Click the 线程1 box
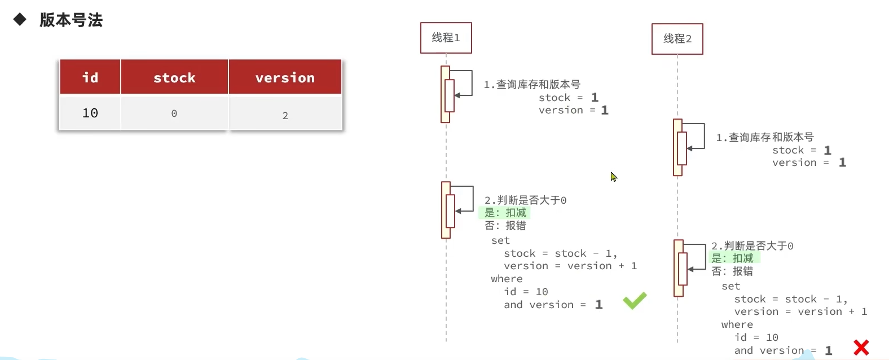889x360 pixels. [x=446, y=38]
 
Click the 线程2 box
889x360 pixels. [x=677, y=39]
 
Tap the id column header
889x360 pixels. [x=90, y=77]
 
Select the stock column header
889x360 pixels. [x=174, y=77]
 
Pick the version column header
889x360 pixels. [x=285, y=77]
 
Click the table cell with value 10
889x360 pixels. [x=90, y=113]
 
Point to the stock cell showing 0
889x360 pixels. [x=174, y=114]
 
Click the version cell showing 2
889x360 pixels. [x=285, y=115]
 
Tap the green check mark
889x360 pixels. [x=635, y=300]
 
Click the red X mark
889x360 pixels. [x=861, y=347]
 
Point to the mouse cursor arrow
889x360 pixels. [x=613, y=177]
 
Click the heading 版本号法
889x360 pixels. [x=71, y=20]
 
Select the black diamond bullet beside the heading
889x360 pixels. [x=20, y=20]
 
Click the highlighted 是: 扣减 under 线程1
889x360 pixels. [x=505, y=213]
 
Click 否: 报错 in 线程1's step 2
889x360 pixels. [x=505, y=226]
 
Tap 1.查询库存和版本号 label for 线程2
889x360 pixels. [x=764, y=137]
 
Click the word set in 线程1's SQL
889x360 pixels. [x=500, y=240]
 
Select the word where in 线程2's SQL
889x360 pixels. [x=737, y=324]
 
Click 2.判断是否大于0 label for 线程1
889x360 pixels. [x=525, y=200]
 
